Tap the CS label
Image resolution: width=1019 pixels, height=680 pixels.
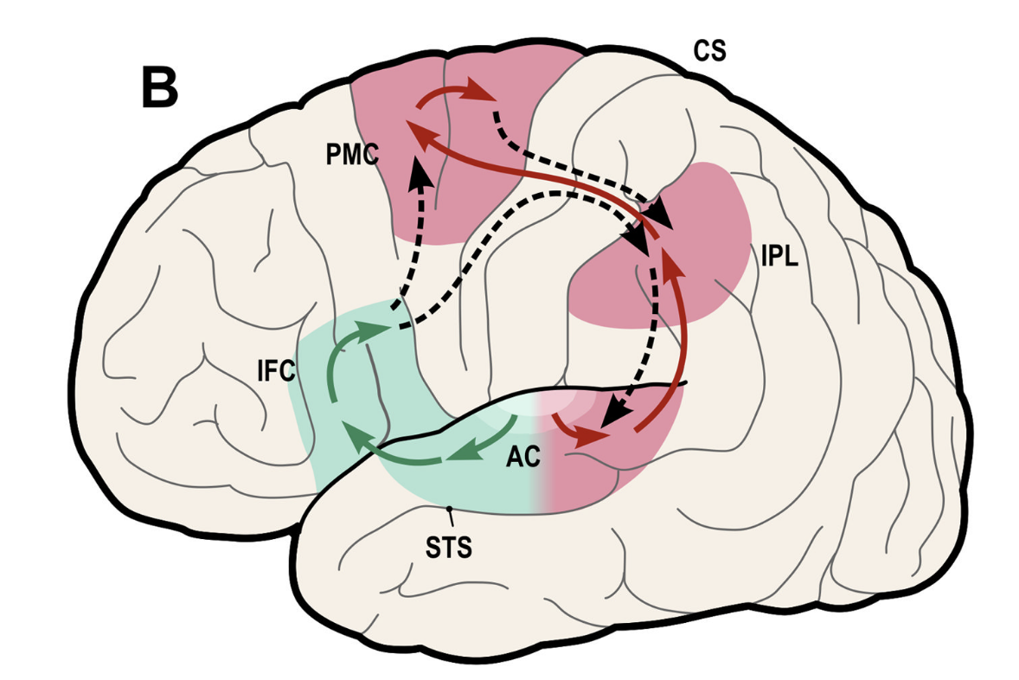709,52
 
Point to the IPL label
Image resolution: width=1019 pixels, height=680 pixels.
779,257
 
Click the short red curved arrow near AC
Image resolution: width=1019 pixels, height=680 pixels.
578,433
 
